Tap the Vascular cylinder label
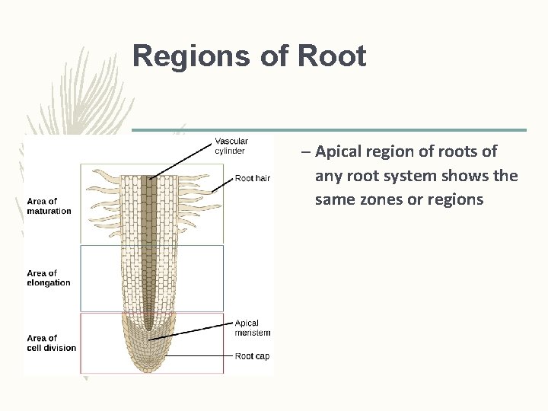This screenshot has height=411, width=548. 231,145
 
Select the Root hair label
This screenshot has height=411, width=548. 253,178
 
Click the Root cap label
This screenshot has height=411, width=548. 252,355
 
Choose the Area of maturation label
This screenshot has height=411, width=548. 49,206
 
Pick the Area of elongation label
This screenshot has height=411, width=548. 49,278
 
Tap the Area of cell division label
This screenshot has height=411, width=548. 52,343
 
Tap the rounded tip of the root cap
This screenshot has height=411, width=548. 148,368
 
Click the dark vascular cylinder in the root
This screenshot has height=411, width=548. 149,244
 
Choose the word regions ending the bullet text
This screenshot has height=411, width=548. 456,199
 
